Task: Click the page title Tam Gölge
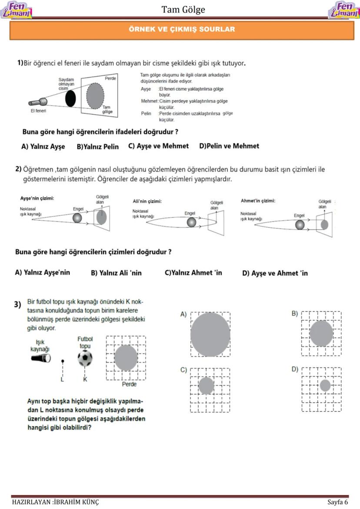[x=183, y=10]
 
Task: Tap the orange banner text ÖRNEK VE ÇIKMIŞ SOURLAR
[x=182, y=30]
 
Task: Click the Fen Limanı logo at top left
[x=17, y=10]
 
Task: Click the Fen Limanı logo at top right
[x=343, y=10]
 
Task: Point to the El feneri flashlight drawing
[x=38, y=103]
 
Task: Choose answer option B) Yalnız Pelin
[x=97, y=147]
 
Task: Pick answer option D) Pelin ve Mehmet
[x=229, y=146]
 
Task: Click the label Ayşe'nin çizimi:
[x=37, y=199]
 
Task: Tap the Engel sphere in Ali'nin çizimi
[x=191, y=223]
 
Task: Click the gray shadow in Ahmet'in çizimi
[x=324, y=225]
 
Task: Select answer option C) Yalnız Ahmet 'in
[x=193, y=273]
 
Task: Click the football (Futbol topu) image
[x=85, y=359]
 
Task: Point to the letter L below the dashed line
[x=63, y=379]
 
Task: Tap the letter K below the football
[x=85, y=379]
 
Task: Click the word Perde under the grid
[x=129, y=384]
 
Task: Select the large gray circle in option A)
[x=210, y=335]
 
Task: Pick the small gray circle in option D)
[x=325, y=385]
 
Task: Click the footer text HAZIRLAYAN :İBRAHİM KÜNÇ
[x=55, y=502]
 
